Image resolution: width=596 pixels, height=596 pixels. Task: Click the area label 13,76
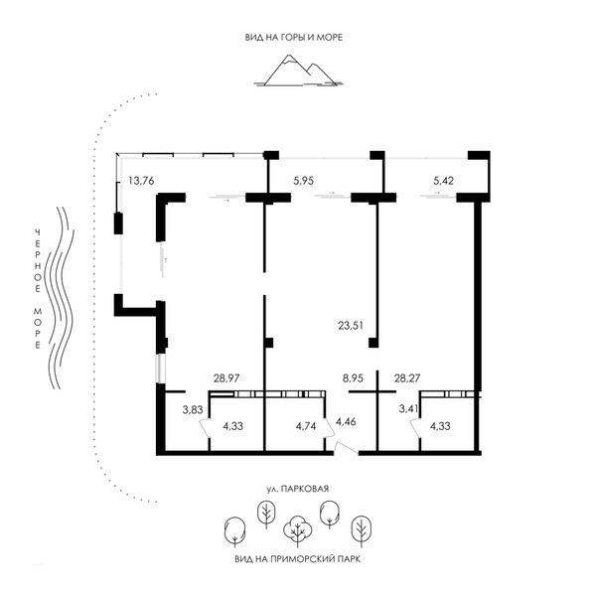coord(141,181)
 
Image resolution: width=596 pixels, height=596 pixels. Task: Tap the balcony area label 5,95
coord(303,181)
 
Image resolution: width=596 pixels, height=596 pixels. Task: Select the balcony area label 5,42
coord(443,181)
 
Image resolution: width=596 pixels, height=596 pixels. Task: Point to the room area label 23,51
coord(351,326)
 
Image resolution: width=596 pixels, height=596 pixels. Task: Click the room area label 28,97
coord(226,378)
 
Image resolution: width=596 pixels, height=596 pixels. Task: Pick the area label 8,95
coord(353,378)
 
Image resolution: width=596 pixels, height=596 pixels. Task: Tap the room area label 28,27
coord(406,378)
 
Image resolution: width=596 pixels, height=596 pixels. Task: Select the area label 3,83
coord(193,409)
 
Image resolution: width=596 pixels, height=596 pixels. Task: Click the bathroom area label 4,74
coord(306,426)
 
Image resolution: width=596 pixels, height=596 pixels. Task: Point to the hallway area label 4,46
coord(346,421)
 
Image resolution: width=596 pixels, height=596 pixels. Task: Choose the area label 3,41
coord(408,409)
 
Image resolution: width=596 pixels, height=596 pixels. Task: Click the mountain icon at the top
coord(298,71)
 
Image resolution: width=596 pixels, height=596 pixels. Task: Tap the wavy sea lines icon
coord(60,298)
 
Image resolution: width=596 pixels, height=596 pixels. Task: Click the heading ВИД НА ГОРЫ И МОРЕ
coord(294,38)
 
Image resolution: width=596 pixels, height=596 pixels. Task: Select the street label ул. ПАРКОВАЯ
coord(298,489)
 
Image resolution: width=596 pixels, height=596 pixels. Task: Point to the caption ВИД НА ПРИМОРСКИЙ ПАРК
coord(298,559)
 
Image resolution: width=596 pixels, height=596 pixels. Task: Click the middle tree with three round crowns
coord(298,530)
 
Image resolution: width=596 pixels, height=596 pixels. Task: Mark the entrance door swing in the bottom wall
coord(346,448)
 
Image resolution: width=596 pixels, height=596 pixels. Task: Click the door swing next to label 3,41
coord(414,427)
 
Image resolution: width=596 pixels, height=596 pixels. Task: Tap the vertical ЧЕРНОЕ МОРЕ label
coord(38,289)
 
